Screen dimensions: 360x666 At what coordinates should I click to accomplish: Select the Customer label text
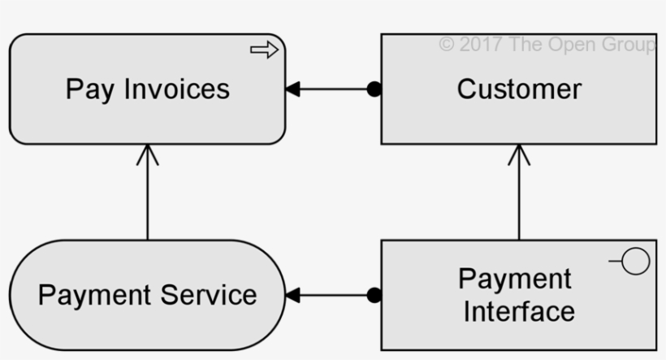(519, 89)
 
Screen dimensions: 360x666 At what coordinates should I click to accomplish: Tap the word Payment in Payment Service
(92, 295)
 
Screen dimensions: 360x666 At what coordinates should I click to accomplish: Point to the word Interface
(519, 310)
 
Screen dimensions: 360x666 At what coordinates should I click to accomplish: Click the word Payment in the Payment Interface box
(515, 279)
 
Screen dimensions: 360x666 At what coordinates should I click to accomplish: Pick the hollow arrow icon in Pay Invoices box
(264, 50)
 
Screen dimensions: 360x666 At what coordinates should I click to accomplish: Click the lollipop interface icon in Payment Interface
(634, 263)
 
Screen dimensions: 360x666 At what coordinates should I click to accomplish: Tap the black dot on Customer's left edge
(374, 89)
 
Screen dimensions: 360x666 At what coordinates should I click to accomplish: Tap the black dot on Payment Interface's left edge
(374, 295)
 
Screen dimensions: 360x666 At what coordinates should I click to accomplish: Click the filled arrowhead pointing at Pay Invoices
(292, 89)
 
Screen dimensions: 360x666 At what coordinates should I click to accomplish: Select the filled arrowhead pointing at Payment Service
(292, 295)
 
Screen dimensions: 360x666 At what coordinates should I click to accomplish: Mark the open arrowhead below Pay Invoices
(148, 154)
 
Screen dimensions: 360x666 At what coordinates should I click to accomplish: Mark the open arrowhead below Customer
(519, 154)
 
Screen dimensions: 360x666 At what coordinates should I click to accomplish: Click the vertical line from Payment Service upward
(148, 199)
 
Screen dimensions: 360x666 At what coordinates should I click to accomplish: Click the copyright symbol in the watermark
(446, 45)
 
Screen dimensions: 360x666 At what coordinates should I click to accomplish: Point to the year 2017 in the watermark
(481, 45)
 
